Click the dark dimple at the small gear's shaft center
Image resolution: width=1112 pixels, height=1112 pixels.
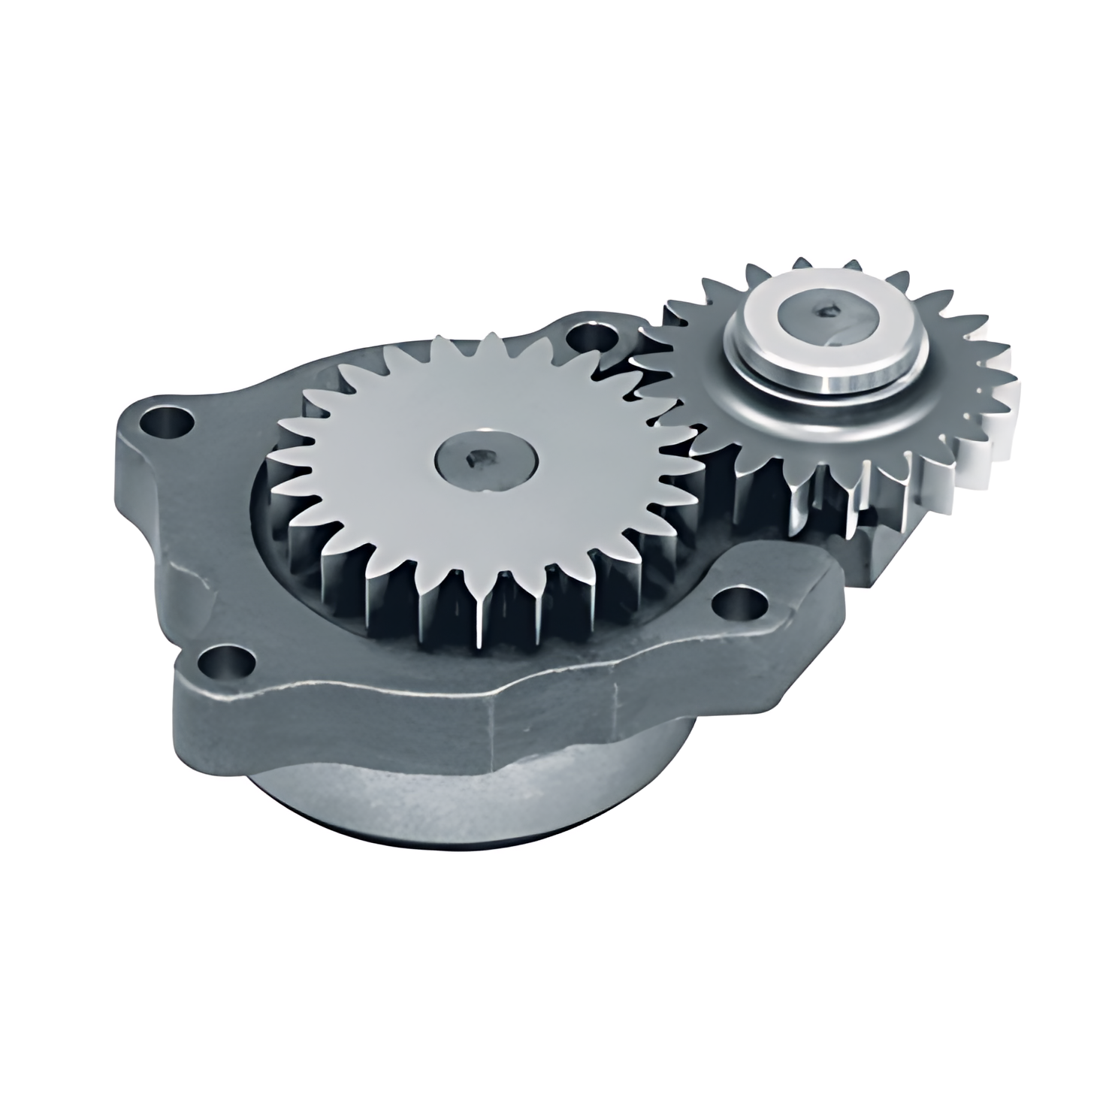point(829,308)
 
